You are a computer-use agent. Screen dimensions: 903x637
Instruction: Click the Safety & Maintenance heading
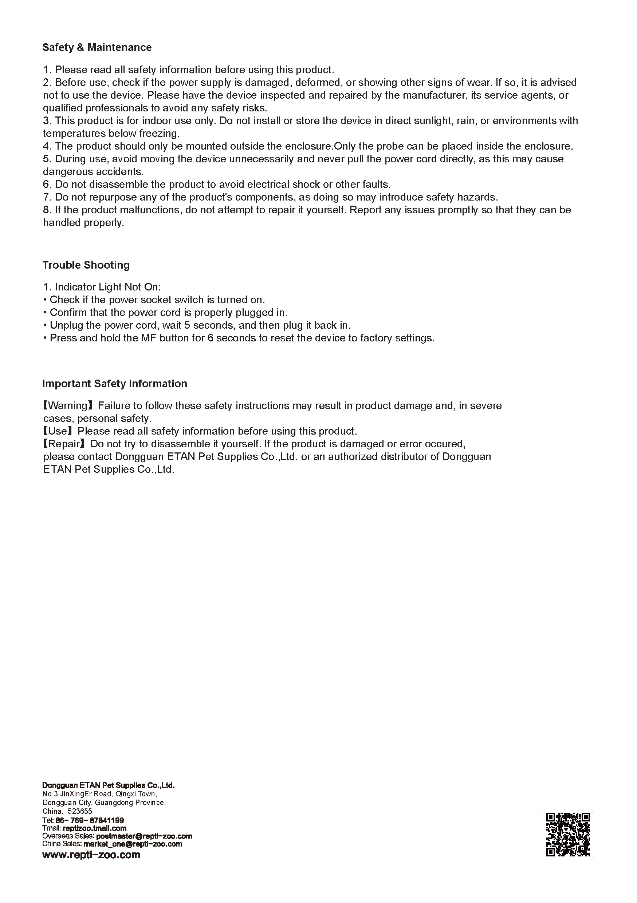(97, 48)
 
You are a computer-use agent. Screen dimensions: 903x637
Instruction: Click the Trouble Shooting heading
(86, 265)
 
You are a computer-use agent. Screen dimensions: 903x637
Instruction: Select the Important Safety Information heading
(114, 384)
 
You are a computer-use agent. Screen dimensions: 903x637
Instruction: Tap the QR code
(568, 834)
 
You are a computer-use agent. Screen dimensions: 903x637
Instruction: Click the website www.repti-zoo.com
(91, 855)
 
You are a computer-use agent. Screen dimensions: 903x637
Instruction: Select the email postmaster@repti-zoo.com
(143, 836)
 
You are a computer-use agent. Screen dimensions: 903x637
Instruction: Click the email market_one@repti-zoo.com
(133, 844)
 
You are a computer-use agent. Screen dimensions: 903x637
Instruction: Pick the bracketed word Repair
(64, 444)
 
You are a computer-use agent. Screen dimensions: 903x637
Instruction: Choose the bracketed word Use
(58, 431)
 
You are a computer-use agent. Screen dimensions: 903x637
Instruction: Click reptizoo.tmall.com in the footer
(94, 828)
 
